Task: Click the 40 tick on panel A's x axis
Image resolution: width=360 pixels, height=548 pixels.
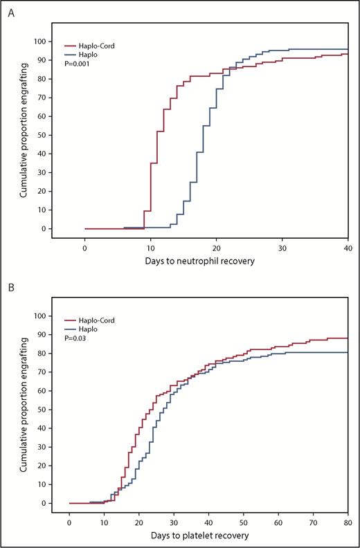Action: [x=348, y=246]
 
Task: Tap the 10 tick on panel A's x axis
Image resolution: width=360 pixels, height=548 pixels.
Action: [x=150, y=246]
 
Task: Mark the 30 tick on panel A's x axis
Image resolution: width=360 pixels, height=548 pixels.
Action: [x=282, y=246]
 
